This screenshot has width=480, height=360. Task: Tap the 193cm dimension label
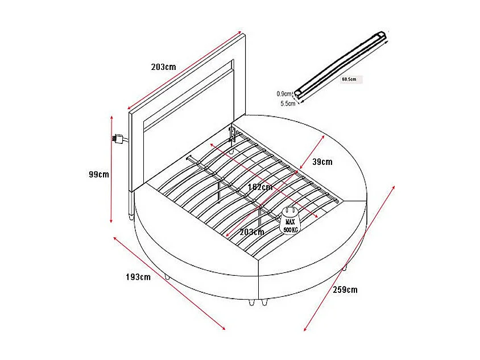pos(138,277)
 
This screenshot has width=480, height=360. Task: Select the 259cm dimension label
pos(345,289)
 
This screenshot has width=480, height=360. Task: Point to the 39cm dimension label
pos(322,162)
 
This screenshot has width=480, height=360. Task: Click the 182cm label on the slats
pos(260,187)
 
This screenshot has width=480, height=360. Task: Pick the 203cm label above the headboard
pos(163,67)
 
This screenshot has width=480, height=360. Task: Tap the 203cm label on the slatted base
pos(252,231)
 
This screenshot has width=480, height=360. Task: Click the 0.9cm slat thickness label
pos(284,94)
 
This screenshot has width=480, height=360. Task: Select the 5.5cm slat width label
pos(288,104)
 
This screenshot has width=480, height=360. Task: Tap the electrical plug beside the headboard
pos(119,139)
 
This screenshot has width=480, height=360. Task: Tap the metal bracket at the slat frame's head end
pos(232,134)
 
